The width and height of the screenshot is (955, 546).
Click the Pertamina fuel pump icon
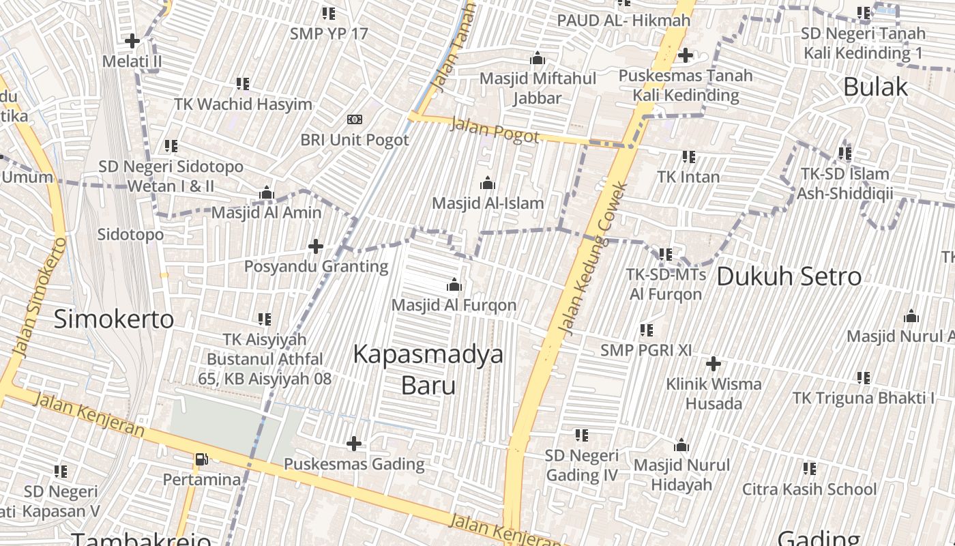tap(201, 459)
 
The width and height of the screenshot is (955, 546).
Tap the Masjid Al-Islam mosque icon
tap(487, 183)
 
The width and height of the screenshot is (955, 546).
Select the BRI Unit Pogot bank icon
tap(354, 119)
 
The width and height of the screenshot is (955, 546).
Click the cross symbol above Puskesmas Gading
tap(353, 444)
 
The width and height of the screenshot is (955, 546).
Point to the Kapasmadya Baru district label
tap(428, 369)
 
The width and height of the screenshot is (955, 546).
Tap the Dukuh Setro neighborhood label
tap(789, 276)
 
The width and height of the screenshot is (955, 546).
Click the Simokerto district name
tap(114, 319)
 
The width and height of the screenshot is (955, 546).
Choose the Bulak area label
tap(875, 87)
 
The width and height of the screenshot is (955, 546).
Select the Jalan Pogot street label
tap(495, 130)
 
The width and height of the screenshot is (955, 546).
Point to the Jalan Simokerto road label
tap(40, 297)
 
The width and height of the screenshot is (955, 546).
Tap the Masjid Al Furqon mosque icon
tap(454, 285)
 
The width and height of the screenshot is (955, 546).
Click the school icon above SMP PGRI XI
tap(646, 330)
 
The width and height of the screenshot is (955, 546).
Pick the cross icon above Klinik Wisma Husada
tap(713, 364)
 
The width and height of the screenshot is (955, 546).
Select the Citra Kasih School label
tap(809, 489)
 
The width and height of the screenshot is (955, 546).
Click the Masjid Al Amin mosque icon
tap(266, 193)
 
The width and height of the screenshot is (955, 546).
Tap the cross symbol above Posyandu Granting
tap(315, 246)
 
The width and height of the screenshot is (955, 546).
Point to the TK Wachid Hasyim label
tap(243, 104)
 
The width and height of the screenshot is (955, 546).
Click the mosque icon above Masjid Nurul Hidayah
tap(681, 446)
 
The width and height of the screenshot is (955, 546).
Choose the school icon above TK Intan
tap(688, 157)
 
